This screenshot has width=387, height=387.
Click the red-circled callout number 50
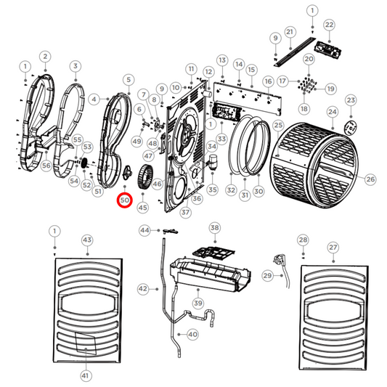124,199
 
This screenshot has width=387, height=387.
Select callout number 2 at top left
45,56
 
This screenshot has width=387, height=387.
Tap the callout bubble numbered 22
329,25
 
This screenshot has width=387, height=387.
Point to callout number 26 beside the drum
370,179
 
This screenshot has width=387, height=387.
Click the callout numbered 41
86,375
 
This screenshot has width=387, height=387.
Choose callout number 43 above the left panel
87,240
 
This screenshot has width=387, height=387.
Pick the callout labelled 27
333,248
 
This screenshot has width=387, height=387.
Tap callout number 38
214,228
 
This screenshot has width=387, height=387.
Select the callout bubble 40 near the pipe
192,335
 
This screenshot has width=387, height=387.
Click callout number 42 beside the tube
143,289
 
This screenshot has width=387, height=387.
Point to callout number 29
267,276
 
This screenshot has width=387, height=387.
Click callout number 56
45,166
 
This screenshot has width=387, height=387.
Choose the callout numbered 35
213,190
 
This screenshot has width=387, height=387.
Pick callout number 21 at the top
289,32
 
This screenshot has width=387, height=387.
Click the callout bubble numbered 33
221,138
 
